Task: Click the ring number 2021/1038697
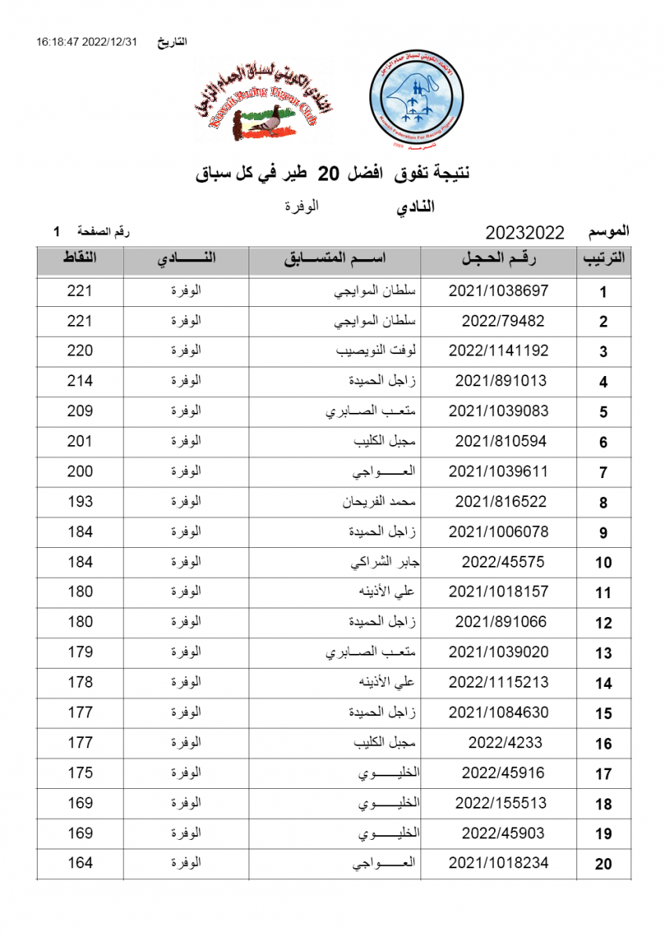(x=498, y=291)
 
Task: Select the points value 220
(x=80, y=351)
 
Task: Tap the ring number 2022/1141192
(x=498, y=351)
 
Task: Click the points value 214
(x=80, y=381)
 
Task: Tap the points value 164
(x=80, y=863)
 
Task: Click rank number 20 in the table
(x=603, y=864)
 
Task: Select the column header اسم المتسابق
(x=335, y=260)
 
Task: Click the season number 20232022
(x=525, y=232)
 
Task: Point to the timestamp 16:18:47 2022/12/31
(x=86, y=42)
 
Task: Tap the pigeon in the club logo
(x=267, y=124)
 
